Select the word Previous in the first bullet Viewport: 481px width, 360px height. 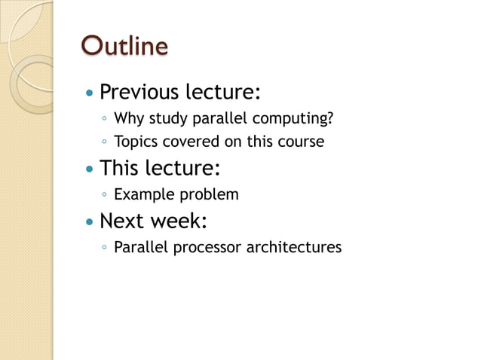point(139,93)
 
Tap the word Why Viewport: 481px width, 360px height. point(127,119)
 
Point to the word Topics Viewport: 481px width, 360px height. point(134,142)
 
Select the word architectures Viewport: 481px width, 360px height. point(294,247)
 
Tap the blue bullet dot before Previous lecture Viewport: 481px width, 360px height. point(90,94)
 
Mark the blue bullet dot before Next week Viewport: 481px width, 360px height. point(90,223)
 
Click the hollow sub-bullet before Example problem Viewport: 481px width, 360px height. point(104,195)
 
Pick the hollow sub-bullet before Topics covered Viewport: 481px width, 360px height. point(104,142)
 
